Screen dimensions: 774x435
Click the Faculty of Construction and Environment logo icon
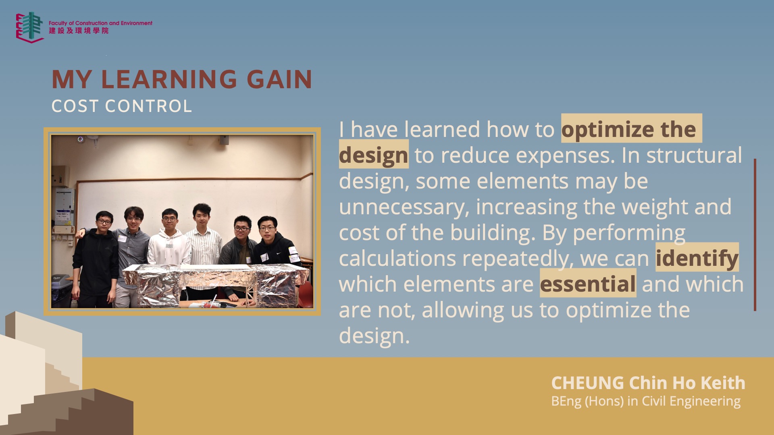point(29,27)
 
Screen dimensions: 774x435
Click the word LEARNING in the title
point(169,79)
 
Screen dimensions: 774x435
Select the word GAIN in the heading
point(279,79)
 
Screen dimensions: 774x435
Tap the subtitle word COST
point(75,106)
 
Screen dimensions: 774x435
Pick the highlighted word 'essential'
point(588,284)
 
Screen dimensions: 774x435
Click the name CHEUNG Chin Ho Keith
point(648,383)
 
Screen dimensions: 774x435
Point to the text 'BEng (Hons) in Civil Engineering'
point(646,402)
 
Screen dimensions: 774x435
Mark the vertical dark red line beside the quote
point(755,235)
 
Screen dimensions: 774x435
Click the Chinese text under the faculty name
point(79,31)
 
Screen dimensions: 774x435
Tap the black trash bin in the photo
point(61,290)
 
